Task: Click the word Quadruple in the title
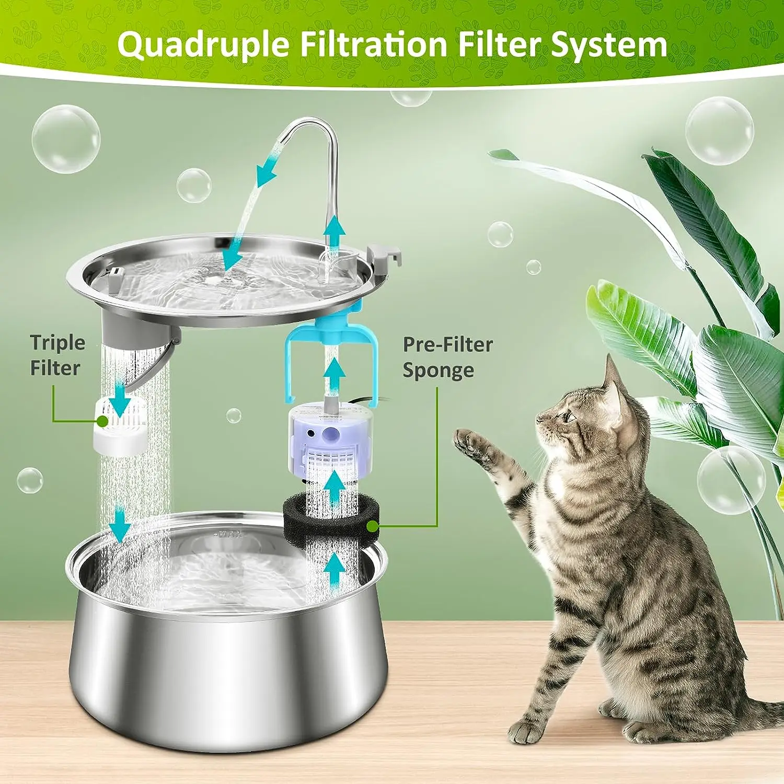tap(203, 45)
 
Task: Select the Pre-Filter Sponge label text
tap(447, 357)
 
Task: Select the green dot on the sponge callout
tap(373, 526)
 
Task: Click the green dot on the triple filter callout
tap(102, 420)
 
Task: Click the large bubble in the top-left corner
tap(66, 139)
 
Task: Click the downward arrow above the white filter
tap(121, 400)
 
